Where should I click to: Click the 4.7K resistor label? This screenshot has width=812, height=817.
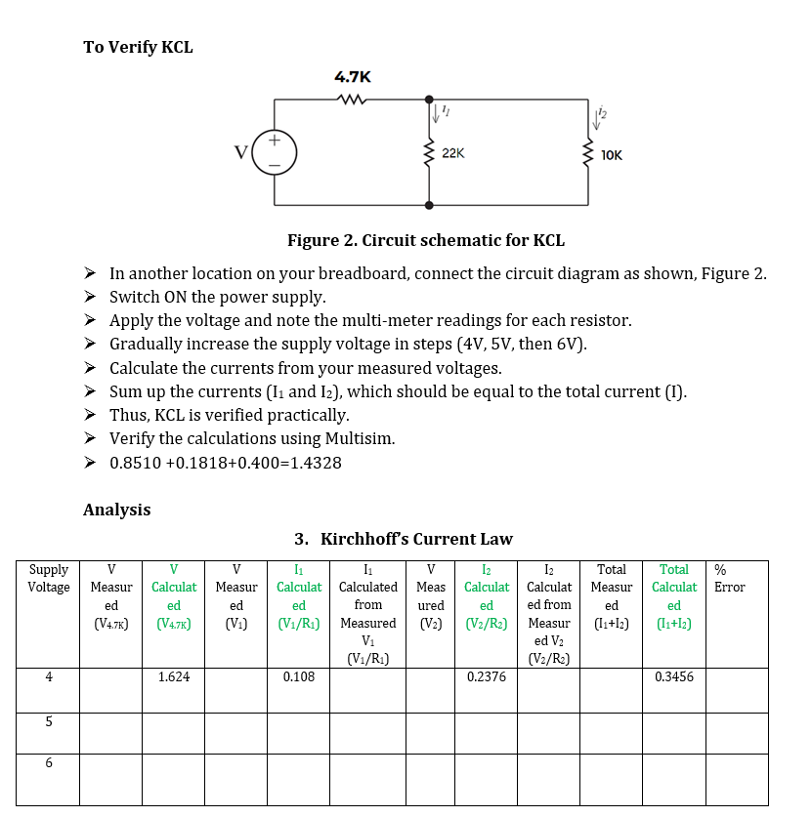(x=352, y=76)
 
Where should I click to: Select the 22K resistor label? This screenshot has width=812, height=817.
(x=453, y=153)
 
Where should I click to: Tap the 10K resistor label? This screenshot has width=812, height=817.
(x=612, y=154)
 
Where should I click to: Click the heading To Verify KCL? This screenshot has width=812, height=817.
(x=138, y=47)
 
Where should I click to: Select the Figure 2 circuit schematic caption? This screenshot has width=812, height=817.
(x=425, y=240)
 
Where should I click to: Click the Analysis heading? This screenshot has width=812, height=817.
(x=116, y=510)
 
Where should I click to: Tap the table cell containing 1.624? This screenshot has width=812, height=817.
(x=174, y=676)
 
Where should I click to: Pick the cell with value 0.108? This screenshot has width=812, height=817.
(x=298, y=676)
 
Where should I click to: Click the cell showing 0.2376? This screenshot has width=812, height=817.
(x=486, y=676)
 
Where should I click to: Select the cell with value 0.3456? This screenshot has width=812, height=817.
(x=674, y=676)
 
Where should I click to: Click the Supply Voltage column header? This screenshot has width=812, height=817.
(x=48, y=578)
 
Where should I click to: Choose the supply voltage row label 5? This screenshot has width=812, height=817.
(x=48, y=722)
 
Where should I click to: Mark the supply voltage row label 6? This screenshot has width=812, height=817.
(x=48, y=764)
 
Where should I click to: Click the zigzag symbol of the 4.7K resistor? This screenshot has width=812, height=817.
(x=351, y=98)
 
